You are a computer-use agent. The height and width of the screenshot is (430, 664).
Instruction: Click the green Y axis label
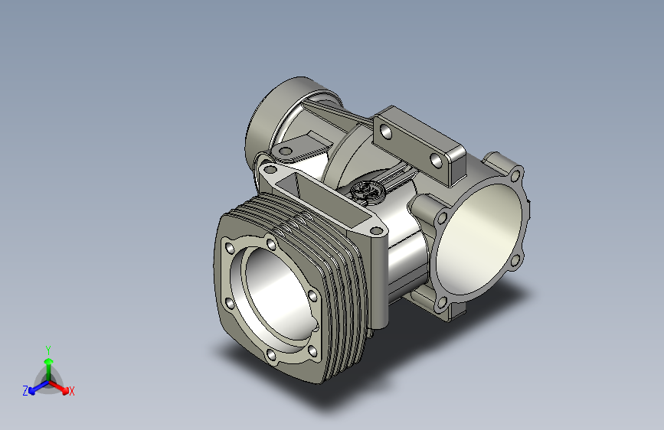pos(48,350)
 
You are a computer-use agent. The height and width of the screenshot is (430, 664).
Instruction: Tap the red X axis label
pos(71,391)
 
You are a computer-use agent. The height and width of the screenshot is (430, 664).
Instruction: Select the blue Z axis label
pos(25,391)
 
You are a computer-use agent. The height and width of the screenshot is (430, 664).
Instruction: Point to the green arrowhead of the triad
pos(49,361)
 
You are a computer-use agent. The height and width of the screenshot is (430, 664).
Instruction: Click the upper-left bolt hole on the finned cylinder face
pos(229,248)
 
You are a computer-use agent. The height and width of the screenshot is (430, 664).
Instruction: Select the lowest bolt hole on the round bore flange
pos(441,303)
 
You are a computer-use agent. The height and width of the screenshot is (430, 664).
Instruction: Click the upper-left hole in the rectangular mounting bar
pos(386,132)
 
